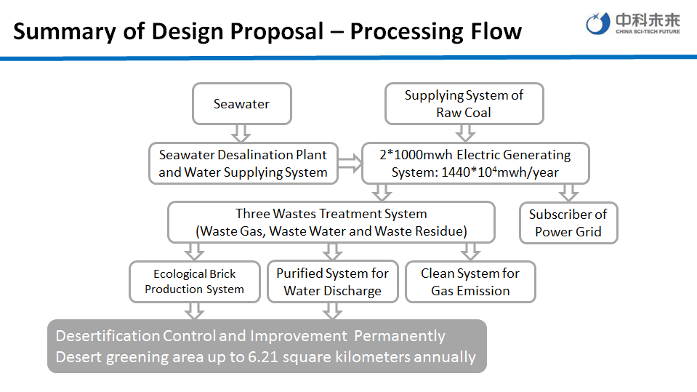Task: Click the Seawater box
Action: click(241, 104)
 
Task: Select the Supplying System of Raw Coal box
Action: click(464, 104)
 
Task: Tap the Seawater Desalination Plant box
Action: click(243, 164)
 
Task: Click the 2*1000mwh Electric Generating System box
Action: click(475, 164)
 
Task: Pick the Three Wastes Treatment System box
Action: click(331, 223)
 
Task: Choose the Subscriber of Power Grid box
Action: click(568, 223)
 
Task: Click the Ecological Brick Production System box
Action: click(194, 281)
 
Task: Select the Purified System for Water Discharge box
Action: click(332, 282)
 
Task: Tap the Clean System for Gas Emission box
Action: click(470, 282)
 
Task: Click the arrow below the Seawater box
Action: click(241, 133)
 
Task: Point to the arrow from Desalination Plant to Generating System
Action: click(350, 164)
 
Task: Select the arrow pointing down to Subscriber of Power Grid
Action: click(568, 193)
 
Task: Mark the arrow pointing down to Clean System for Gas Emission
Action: click(470, 252)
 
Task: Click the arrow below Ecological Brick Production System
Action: click(194, 311)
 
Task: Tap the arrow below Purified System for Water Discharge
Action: click(332, 311)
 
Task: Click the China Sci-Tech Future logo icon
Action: click(597, 23)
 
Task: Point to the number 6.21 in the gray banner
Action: click(263, 357)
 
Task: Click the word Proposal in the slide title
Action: click(278, 31)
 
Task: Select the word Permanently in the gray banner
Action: click(400, 336)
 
